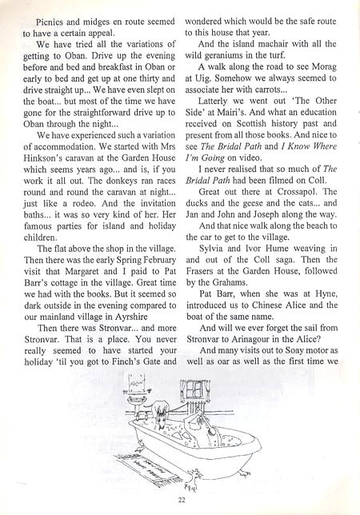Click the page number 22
pos(182,500)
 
